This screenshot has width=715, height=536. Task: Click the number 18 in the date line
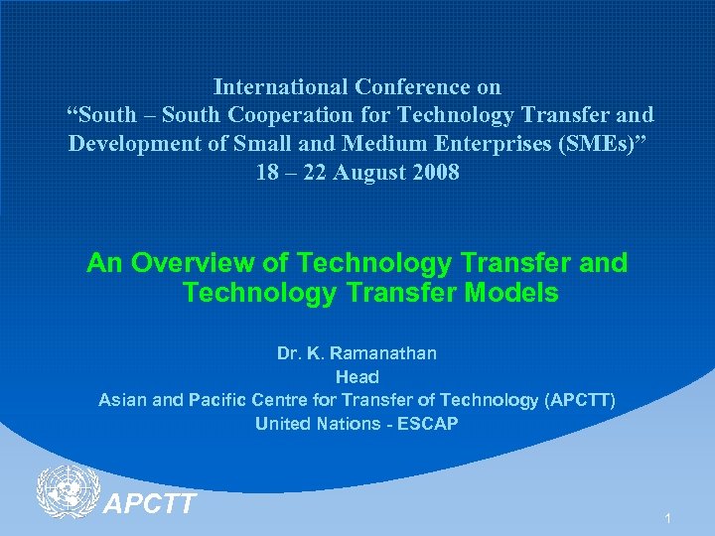click(x=268, y=172)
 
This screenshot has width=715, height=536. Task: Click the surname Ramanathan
click(x=383, y=352)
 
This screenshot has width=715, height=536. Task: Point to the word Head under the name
click(x=357, y=376)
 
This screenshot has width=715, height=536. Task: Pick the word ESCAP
click(x=428, y=424)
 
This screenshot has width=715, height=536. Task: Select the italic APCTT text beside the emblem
click(x=150, y=504)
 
